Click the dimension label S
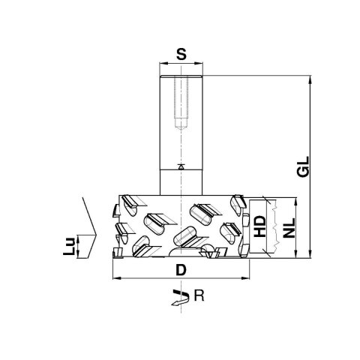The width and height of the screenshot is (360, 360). coord(181,54)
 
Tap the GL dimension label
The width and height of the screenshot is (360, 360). coord(304,166)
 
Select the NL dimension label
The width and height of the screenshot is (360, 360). coord(289,228)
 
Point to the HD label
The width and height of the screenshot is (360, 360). coord(259,226)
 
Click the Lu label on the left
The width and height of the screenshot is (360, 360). coord(69,246)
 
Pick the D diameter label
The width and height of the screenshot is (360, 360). coord(181,270)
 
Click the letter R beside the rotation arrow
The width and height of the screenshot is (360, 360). coord(199,295)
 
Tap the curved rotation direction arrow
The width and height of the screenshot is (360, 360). coord(180,298)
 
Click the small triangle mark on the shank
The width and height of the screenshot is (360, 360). coord(181,167)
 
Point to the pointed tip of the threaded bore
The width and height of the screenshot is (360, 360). coord(181,130)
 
